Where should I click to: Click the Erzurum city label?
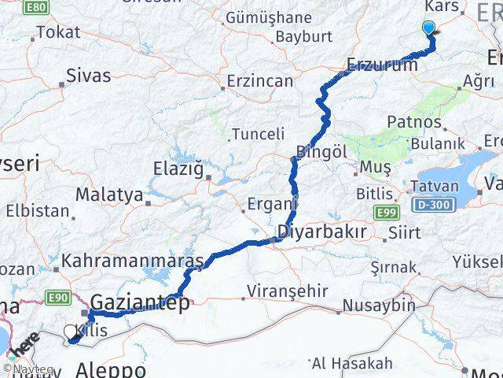(x=383, y=65)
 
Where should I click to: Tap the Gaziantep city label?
(x=140, y=302)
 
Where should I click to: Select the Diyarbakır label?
(x=322, y=232)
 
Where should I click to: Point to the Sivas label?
(x=89, y=77)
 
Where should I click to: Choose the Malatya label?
(x=109, y=194)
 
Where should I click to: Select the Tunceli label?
(x=251, y=134)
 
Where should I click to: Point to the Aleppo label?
(x=112, y=369)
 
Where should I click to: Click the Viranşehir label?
(x=287, y=291)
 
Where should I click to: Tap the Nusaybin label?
(x=378, y=305)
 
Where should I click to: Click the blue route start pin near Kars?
(x=428, y=28)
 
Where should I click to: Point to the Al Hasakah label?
(x=352, y=363)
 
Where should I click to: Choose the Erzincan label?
(x=259, y=81)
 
